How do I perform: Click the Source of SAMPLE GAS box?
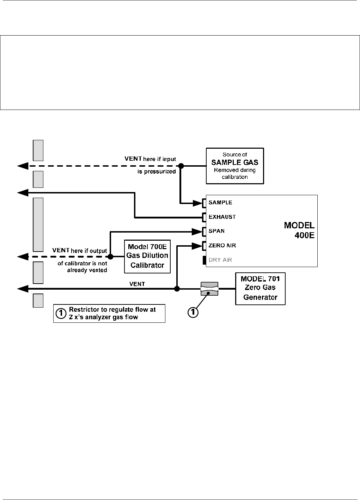pos(235,166)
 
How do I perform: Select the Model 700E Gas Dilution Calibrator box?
pos(147,257)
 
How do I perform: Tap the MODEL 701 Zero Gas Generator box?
pos(260,289)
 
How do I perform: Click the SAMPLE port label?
pos(220,203)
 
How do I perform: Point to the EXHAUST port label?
pos(222,217)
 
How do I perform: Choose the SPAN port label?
pos(216,231)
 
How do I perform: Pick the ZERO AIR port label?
pos(222,246)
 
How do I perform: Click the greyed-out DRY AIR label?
pos(220,260)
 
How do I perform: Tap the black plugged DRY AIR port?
pos(205,260)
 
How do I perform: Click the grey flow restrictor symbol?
pos(209,289)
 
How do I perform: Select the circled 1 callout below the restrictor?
pos(193,312)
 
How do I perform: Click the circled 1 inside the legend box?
pos(61,313)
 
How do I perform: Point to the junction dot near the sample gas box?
pos(181,166)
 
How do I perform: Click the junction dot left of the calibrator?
pos(110,257)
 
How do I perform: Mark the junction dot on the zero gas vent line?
pos(177,289)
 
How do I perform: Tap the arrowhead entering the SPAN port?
pos(197,232)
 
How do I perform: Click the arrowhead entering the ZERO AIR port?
pos(197,246)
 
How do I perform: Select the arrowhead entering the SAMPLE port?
pos(197,203)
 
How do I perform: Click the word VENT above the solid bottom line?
pos(137,284)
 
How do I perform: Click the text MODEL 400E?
pos(299,230)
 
